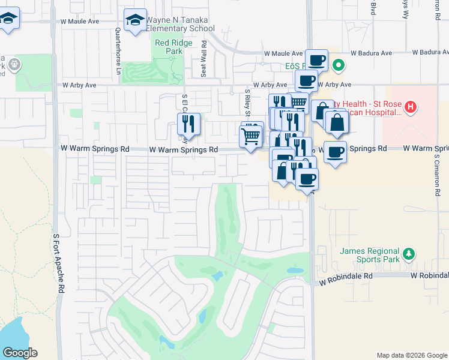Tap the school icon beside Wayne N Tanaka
(135, 20)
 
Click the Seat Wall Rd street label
(204, 59)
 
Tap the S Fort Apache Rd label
(59, 264)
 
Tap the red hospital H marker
(411, 108)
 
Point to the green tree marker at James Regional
(408, 253)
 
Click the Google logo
(20, 353)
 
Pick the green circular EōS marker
(339, 65)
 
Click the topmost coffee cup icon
(316, 60)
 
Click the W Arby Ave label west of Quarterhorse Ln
(79, 86)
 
